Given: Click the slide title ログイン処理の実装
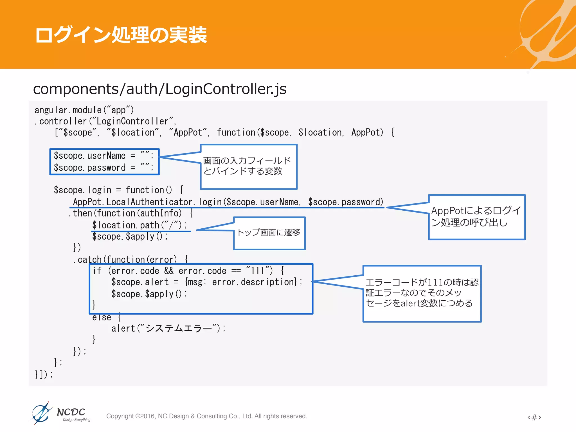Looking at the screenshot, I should (121, 35).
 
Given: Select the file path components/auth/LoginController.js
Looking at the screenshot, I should (159, 89).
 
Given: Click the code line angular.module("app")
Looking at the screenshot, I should (84, 110).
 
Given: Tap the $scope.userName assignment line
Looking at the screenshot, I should (103, 156).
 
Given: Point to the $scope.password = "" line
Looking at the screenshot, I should (103, 168).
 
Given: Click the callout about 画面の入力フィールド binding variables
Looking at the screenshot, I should (249, 166).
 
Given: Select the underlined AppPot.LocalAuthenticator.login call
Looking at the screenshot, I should (228, 202).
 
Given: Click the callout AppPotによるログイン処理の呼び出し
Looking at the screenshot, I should (477, 217).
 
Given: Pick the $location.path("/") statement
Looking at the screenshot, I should (139, 225).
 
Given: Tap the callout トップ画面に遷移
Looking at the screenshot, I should (269, 233).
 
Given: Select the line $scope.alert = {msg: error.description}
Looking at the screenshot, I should (207, 282).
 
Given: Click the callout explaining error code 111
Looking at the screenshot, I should (422, 293).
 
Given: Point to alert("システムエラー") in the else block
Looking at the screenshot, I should (168, 328).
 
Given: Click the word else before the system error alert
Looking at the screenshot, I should (102, 317).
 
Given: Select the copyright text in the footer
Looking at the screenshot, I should (206, 416).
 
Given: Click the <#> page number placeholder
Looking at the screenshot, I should (534, 417).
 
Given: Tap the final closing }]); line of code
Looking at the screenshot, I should (44, 374).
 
